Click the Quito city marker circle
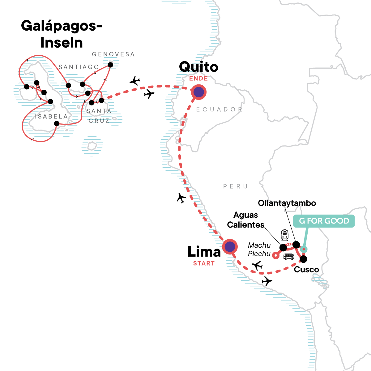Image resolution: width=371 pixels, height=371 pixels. pyautogui.click(x=198, y=92)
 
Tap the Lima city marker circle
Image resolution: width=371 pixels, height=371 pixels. pyautogui.click(x=230, y=247)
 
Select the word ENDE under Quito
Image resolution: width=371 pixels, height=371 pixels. pyautogui.click(x=198, y=78)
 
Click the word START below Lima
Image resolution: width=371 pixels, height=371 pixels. pyautogui.click(x=204, y=263)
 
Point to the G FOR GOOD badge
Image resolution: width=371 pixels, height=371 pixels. pyautogui.click(x=324, y=221)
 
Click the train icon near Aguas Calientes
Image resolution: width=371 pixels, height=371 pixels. pyautogui.click(x=284, y=235)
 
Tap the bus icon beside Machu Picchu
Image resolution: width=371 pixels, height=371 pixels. pyautogui.click(x=289, y=256)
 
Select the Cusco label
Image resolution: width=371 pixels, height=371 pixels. pyautogui.click(x=306, y=270)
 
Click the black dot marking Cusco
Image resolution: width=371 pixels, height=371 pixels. pyautogui.click(x=303, y=259)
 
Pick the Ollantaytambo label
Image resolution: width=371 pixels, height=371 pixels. pyautogui.click(x=287, y=203)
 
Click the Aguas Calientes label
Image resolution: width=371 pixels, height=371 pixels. pyautogui.click(x=246, y=220)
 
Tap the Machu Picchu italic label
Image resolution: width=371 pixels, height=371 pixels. pyautogui.click(x=259, y=249)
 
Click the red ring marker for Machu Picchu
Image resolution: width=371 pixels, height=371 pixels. pyautogui.click(x=276, y=255)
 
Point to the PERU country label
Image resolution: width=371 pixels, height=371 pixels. pyautogui.click(x=235, y=186)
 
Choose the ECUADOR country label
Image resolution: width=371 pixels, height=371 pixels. pyautogui.click(x=219, y=109)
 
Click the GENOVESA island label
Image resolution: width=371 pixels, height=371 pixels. pyautogui.click(x=113, y=54)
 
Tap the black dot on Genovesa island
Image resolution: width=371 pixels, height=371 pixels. pyautogui.click(x=110, y=65)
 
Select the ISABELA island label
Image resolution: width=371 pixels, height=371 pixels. pyautogui.click(x=51, y=117)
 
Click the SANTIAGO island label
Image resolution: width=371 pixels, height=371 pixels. pyautogui.click(x=79, y=67)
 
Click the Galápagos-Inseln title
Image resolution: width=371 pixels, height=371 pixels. pyautogui.click(x=62, y=34)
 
